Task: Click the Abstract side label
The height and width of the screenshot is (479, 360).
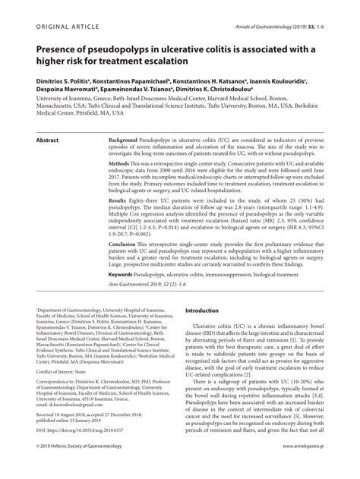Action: coord(48,120)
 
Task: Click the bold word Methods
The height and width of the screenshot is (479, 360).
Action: coord(123,164)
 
